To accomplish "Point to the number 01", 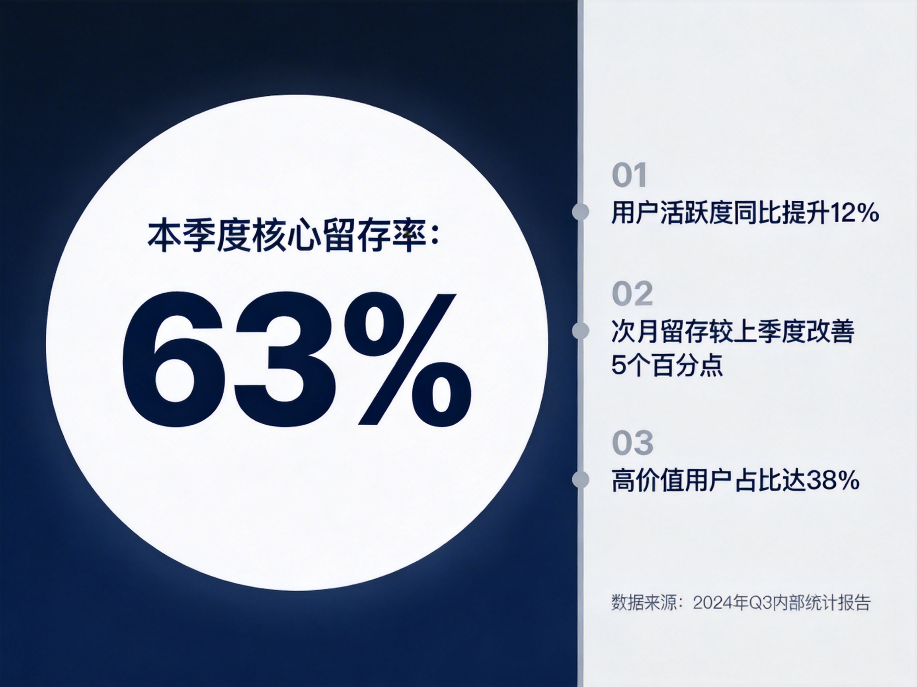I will [x=629, y=175].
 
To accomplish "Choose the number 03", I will [x=632, y=442].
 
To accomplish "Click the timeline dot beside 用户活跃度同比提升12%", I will [x=580, y=212].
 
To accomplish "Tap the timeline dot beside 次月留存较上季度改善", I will [x=580, y=330].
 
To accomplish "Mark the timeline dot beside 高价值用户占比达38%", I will [x=580, y=479].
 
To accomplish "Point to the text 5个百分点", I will [x=667, y=365].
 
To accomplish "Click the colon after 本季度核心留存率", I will [x=435, y=237].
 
